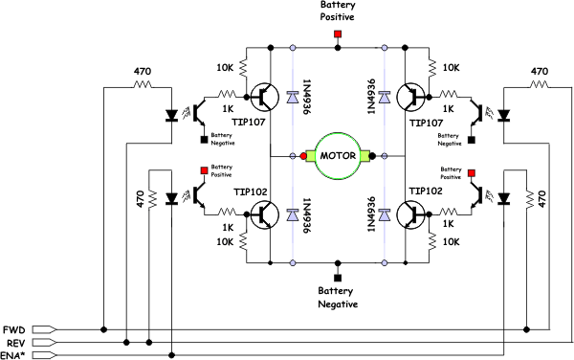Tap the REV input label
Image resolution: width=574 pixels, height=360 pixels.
[x=14, y=342]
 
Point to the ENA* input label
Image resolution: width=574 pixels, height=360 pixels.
[x=14, y=355]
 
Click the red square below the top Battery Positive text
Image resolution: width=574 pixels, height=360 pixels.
[x=338, y=35]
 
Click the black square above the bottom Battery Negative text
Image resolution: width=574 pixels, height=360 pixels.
[x=338, y=276]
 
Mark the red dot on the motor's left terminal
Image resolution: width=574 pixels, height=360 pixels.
[x=303, y=155]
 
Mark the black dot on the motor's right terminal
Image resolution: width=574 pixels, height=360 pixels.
[x=372, y=155]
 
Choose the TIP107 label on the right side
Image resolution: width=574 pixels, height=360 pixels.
[x=427, y=123]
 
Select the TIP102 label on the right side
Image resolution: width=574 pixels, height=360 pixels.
[x=427, y=191]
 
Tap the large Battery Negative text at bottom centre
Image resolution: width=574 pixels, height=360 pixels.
[x=338, y=297]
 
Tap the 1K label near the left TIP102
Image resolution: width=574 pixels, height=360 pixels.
[x=228, y=228]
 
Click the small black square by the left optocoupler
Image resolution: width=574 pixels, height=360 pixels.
[x=204, y=140]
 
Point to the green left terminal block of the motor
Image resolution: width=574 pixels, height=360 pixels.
[x=312, y=155]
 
